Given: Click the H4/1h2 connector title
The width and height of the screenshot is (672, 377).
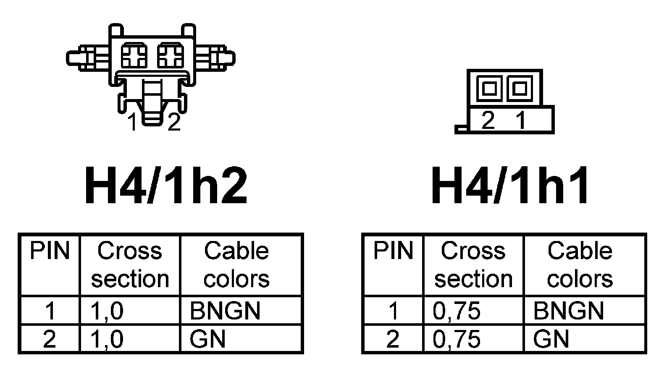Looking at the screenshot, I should coord(166,186).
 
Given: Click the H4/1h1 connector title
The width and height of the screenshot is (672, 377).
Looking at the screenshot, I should coord(510,186).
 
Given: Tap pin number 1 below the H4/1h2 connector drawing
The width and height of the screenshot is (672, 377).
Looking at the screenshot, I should coord(133,122).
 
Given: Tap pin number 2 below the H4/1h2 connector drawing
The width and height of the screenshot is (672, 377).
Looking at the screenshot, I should coord(174,122).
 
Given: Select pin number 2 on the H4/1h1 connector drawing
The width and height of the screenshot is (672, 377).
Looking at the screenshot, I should coord(488,121).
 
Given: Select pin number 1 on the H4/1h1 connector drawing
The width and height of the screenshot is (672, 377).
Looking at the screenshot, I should coord(521,121).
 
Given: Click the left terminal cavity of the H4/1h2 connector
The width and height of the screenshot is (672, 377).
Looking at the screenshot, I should coord(134,55).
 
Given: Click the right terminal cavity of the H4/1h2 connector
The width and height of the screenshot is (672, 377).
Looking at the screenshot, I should coord(170,55).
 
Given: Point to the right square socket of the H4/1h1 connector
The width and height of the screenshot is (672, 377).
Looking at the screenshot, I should coord(520,89).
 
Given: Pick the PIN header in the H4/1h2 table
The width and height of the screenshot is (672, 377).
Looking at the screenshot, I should coord(50,251).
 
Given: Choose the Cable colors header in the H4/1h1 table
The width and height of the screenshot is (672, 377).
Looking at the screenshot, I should coord(580,264).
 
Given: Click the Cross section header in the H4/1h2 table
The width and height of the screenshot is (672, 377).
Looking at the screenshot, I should coord(130,264).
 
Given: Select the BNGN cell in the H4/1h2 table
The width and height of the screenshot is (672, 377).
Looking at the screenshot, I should coord(225,311).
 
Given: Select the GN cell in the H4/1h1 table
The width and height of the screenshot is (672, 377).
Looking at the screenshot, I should coord(551,339).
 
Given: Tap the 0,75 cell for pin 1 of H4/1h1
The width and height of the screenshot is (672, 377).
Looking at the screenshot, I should coord(457,311).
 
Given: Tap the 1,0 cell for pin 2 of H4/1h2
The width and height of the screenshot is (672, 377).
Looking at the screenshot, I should coord(107,339).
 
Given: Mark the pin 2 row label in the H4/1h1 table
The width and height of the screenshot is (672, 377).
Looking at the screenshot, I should coord(392,339).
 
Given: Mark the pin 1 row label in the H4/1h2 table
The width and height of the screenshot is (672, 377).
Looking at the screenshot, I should coord(50,311).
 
